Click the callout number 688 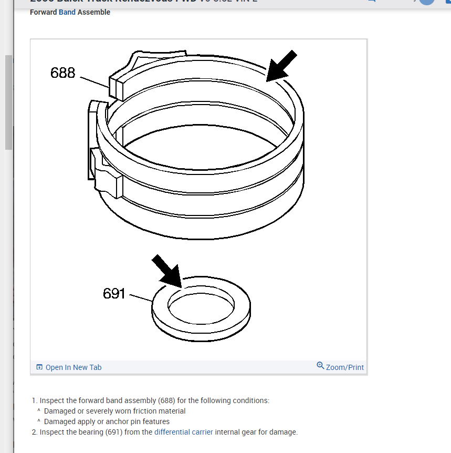tap(63, 73)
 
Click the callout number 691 tap(114, 293)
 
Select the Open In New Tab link tap(74, 367)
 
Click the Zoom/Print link tap(344, 367)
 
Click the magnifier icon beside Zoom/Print tap(320, 366)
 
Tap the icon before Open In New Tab tap(39, 367)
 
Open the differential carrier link tap(184, 432)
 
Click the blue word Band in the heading tap(67, 12)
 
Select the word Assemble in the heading tap(94, 12)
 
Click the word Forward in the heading tap(44, 12)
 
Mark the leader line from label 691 tap(140, 298)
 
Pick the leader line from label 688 tap(95, 80)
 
